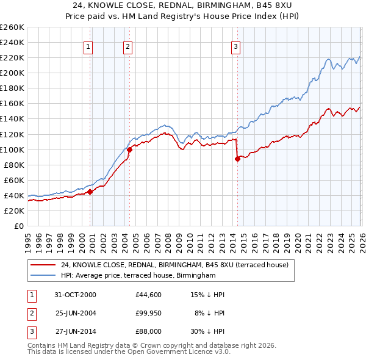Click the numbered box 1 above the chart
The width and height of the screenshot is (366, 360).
pyautogui.click(x=88, y=46)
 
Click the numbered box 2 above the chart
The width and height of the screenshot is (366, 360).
pyautogui.click(x=127, y=46)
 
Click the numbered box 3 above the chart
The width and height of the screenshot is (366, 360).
pyautogui.click(x=235, y=46)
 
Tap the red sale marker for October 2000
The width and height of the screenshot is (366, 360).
pyautogui.click(x=90, y=192)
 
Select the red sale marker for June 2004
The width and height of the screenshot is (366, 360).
pyautogui.click(x=129, y=149)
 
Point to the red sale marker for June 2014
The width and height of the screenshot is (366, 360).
pyautogui.click(x=237, y=159)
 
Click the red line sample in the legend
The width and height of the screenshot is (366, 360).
pyautogui.click(x=43, y=265)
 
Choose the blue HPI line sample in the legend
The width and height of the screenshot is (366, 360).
pyautogui.click(x=43, y=276)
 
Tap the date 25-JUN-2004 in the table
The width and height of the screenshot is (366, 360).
pyautogui.click(x=75, y=313)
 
